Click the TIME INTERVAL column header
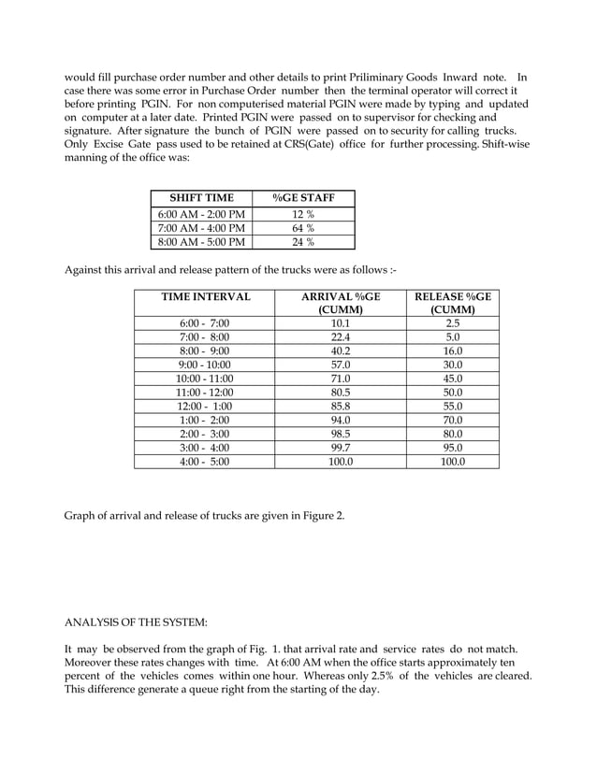[x=206, y=296]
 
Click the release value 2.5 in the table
[x=454, y=322]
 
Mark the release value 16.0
[x=454, y=350]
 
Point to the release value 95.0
[x=454, y=448]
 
